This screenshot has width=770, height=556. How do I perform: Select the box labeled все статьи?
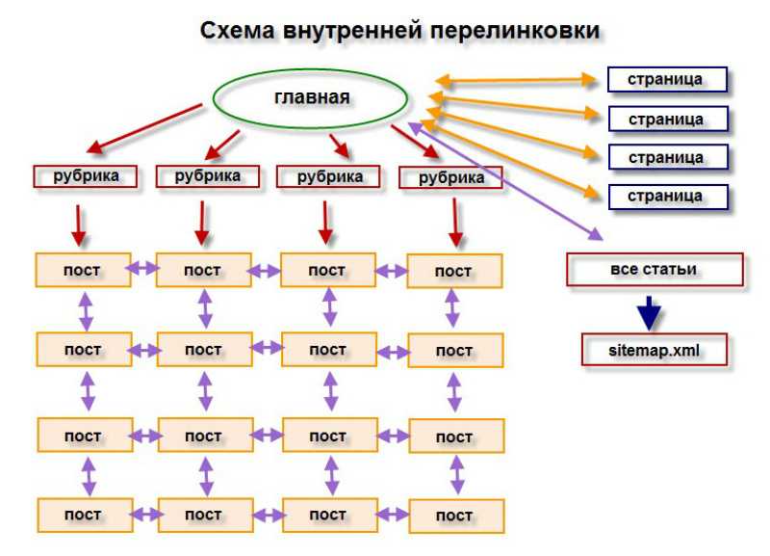(654, 270)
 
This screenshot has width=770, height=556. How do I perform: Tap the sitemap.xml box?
(654, 350)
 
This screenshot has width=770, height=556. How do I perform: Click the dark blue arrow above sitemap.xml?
(649, 313)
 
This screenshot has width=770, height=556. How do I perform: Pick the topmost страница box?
(667, 80)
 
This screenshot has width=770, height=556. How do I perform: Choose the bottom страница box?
(668, 197)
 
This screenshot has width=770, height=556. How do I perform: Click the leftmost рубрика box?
(85, 176)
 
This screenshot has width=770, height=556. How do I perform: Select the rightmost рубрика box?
(450, 177)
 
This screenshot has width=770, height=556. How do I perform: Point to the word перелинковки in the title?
(515, 31)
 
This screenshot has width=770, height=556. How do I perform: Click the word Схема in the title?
(237, 31)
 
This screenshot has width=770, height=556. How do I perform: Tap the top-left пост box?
(83, 270)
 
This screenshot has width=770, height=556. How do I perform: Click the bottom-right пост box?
(456, 516)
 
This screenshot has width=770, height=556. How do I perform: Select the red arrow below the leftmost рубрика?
(78, 225)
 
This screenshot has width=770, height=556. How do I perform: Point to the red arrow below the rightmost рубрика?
(455, 223)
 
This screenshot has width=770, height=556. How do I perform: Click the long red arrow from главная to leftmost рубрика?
(144, 128)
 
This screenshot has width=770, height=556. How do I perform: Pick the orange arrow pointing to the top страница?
(517, 81)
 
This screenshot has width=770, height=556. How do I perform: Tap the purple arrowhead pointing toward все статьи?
(596, 234)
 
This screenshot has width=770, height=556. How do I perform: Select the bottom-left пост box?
(85, 516)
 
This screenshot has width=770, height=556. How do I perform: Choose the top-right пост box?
(454, 271)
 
